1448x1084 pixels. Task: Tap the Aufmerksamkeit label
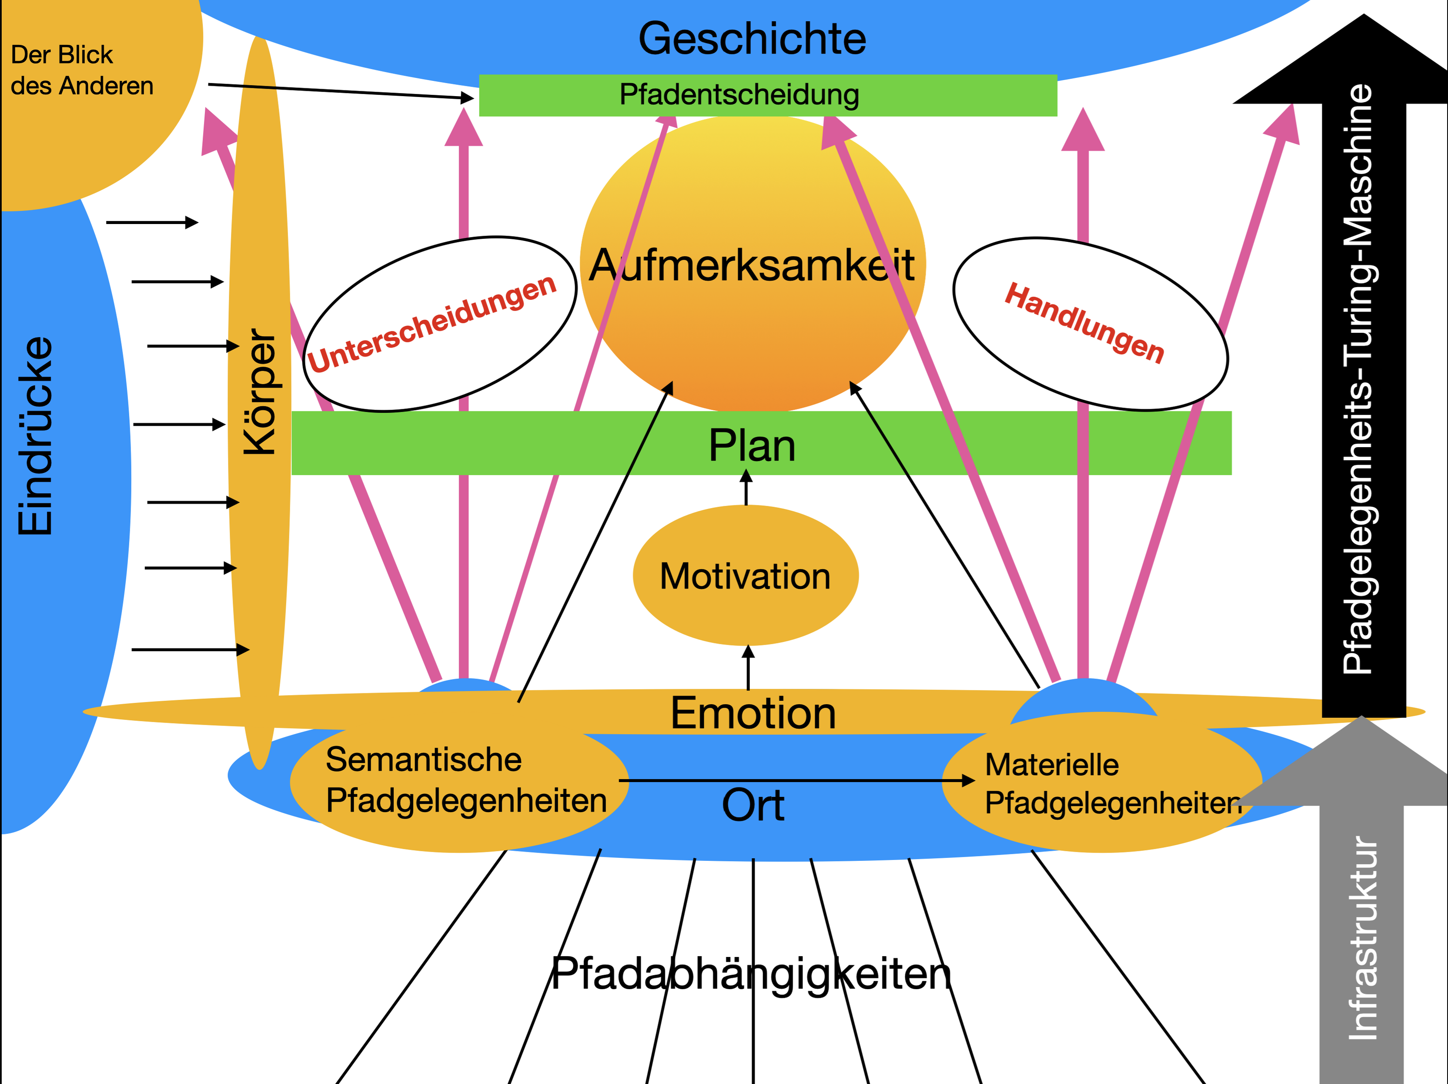(x=752, y=265)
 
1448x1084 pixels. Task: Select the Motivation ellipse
(x=745, y=576)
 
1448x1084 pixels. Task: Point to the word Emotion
(x=753, y=713)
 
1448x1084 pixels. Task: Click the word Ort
(x=753, y=805)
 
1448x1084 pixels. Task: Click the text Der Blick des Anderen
(x=82, y=70)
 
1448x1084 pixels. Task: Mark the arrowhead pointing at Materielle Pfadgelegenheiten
(x=967, y=780)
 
